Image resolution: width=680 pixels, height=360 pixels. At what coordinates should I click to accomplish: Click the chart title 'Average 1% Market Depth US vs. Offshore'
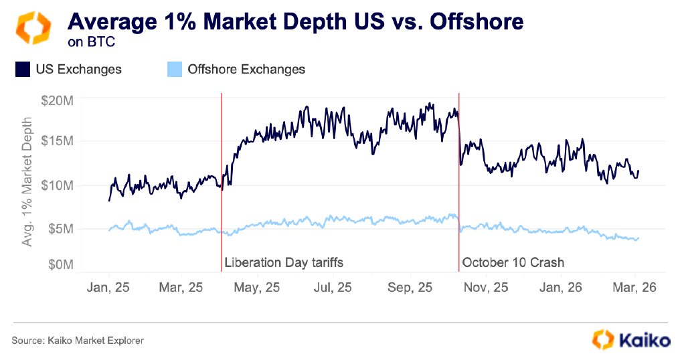[x=295, y=21]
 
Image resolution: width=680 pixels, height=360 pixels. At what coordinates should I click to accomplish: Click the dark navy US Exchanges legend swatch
[x=23, y=69]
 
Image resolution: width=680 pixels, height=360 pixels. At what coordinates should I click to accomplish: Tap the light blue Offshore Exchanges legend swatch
[x=174, y=69]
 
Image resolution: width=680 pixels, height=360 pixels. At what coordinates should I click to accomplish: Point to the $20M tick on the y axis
[x=58, y=100]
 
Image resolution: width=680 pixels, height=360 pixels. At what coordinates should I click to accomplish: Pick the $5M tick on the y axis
[x=60, y=229]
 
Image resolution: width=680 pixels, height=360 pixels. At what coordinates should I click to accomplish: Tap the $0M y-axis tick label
[x=60, y=264]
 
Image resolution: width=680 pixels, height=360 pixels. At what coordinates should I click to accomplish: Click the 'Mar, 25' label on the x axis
[x=181, y=287]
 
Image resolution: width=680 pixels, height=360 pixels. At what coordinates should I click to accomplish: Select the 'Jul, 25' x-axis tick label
[x=332, y=287]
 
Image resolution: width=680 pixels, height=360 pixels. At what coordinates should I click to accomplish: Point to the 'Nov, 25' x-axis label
[x=486, y=287]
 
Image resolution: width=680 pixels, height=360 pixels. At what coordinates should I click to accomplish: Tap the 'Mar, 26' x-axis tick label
[x=634, y=287]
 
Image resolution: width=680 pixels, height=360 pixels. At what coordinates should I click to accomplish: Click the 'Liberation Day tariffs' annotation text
[x=284, y=262]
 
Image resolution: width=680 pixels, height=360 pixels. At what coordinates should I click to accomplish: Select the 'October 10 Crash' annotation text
[x=513, y=262]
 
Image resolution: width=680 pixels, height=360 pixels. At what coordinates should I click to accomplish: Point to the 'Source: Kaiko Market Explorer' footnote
[x=78, y=341]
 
